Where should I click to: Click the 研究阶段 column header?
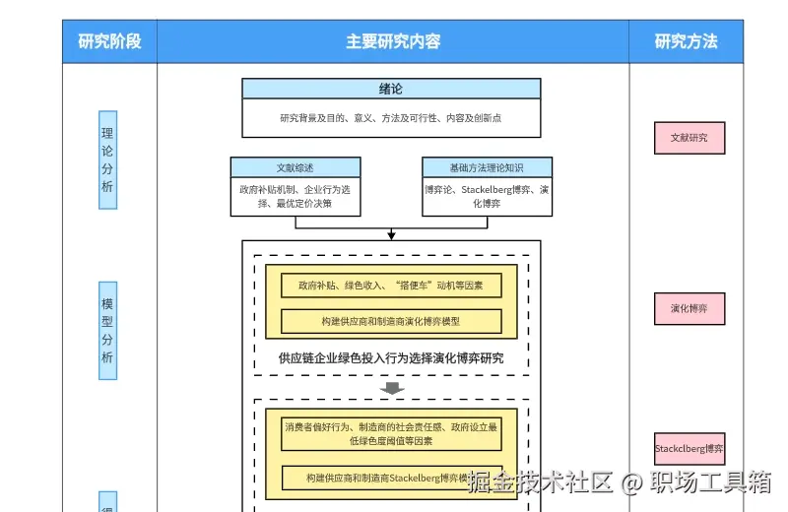[x=109, y=41]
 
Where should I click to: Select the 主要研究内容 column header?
[x=392, y=41]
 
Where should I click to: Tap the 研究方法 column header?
[x=686, y=41]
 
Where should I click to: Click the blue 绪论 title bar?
[x=391, y=89]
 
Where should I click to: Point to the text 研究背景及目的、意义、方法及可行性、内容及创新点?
[x=391, y=118]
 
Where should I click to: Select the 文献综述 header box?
[x=295, y=167]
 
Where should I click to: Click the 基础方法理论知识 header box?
[x=487, y=167]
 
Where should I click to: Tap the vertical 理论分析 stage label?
[x=107, y=160]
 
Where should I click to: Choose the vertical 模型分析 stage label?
[x=107, y=331]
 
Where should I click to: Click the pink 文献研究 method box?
[x=689, y=138]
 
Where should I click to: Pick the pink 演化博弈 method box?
[x=689, y=308]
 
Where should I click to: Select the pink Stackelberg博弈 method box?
[x=689, y=449]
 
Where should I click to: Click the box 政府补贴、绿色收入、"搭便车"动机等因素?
[x=391, y=286]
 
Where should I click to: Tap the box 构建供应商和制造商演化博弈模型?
[x=391, y=321]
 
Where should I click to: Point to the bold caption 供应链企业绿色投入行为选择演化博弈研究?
[x=391, y=357]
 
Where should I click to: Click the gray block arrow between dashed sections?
[x=392, y=388]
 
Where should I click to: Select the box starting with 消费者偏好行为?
[x=391, y=433]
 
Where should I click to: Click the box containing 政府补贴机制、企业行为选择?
[x=295, y=196]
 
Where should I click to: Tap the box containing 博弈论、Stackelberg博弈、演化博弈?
[x=487, y=196]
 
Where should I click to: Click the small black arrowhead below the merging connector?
[x=391, y=235]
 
